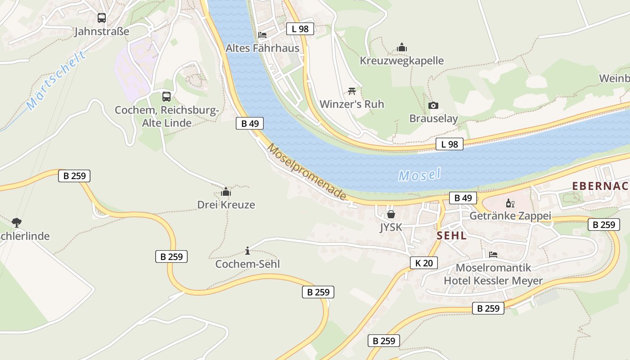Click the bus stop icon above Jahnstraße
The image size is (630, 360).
click(x=102, y=18)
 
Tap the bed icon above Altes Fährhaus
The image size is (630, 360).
click(x=262, y=35)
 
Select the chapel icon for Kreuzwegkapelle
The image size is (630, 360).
click(x=402, y=47)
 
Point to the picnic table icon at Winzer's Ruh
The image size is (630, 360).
click(x=352, y=91)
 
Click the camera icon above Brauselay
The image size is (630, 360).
click(x=433, y=105)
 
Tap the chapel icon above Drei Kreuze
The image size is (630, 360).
click(x=226, y=192)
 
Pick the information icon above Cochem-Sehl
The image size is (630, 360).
click(x=247, y=251)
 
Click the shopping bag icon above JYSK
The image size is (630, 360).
click(x=391, y=214)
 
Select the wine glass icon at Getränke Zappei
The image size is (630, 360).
click(x=510, y=203)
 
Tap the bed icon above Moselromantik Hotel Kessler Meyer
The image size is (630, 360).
click(x=493, y=255)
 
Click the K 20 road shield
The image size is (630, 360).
click(x=424, y=263)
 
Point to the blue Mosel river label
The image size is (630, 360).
click(x=419, y=175)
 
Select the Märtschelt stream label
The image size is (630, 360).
click(x=56, y=81)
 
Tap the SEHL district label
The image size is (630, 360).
click(x=451, y=235)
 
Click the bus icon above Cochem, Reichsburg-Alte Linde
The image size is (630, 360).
click(x=166, y=96)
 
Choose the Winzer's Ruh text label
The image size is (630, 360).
click(x=352, y=104)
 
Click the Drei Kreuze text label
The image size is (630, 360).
click(x=226, y=205)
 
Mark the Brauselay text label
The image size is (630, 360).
click(x=433, y=118)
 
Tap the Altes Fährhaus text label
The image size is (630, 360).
click(x=262, y=48)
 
